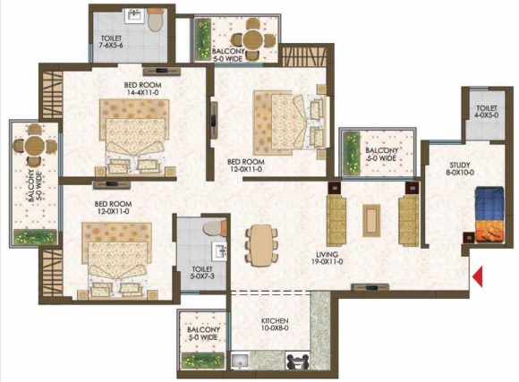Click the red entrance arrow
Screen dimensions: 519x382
point(477,276)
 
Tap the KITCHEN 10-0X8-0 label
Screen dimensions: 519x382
point(275,325)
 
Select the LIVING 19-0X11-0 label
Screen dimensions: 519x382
point(327,258)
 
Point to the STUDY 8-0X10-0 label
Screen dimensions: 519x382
point(460,168)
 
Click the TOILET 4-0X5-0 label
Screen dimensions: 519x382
point(487,112)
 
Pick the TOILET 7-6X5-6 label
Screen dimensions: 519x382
point(111,42)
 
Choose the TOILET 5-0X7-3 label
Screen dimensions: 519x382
point(202,273)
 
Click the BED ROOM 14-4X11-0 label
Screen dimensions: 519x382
point(142,89)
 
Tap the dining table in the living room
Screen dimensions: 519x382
point(261,245)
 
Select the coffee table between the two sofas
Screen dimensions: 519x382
point(371,220)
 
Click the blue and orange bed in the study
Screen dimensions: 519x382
point(489,215)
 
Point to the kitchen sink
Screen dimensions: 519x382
point(240,361)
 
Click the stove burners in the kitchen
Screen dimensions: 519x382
point(298,361)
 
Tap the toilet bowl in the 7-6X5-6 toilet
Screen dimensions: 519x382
point(155,20)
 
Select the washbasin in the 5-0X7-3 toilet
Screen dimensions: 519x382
point(220,250)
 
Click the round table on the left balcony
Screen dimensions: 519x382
point(33,146)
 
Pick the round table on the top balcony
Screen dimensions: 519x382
point(252,39)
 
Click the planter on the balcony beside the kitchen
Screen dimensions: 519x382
point(203,361)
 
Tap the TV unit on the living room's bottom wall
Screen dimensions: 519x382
point(370,287)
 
